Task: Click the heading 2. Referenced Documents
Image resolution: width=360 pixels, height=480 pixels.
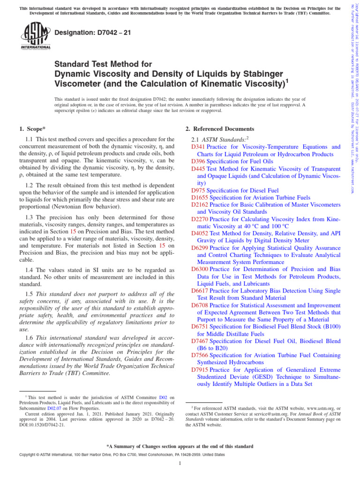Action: click(220, 128)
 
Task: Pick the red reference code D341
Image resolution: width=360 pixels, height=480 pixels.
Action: click(198, 147)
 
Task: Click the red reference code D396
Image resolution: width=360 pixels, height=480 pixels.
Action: click(198, 161)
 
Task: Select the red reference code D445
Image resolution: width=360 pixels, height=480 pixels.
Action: click(198, 168)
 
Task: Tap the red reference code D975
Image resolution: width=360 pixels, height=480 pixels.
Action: click(198, 190)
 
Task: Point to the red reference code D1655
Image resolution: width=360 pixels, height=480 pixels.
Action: click(200, 197)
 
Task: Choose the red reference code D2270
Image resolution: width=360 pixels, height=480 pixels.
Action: click(200, 219)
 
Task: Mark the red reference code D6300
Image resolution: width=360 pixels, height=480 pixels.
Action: click(200, 270)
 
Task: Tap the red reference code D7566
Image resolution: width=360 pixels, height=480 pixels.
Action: click(200, 355)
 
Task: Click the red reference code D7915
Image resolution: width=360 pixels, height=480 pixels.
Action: click(200, 369)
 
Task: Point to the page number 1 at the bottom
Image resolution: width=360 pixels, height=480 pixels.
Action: click(180, 464)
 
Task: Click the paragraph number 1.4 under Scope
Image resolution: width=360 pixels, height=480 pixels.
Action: click(29, 270)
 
